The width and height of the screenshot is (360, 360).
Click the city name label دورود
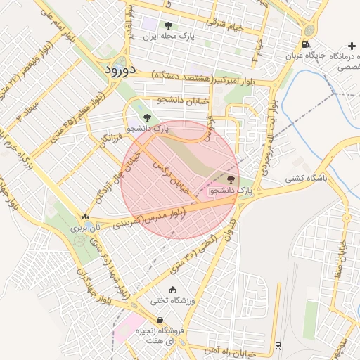124,70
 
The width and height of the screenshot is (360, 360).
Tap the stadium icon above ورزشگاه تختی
173,289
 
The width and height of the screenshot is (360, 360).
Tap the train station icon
278,345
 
